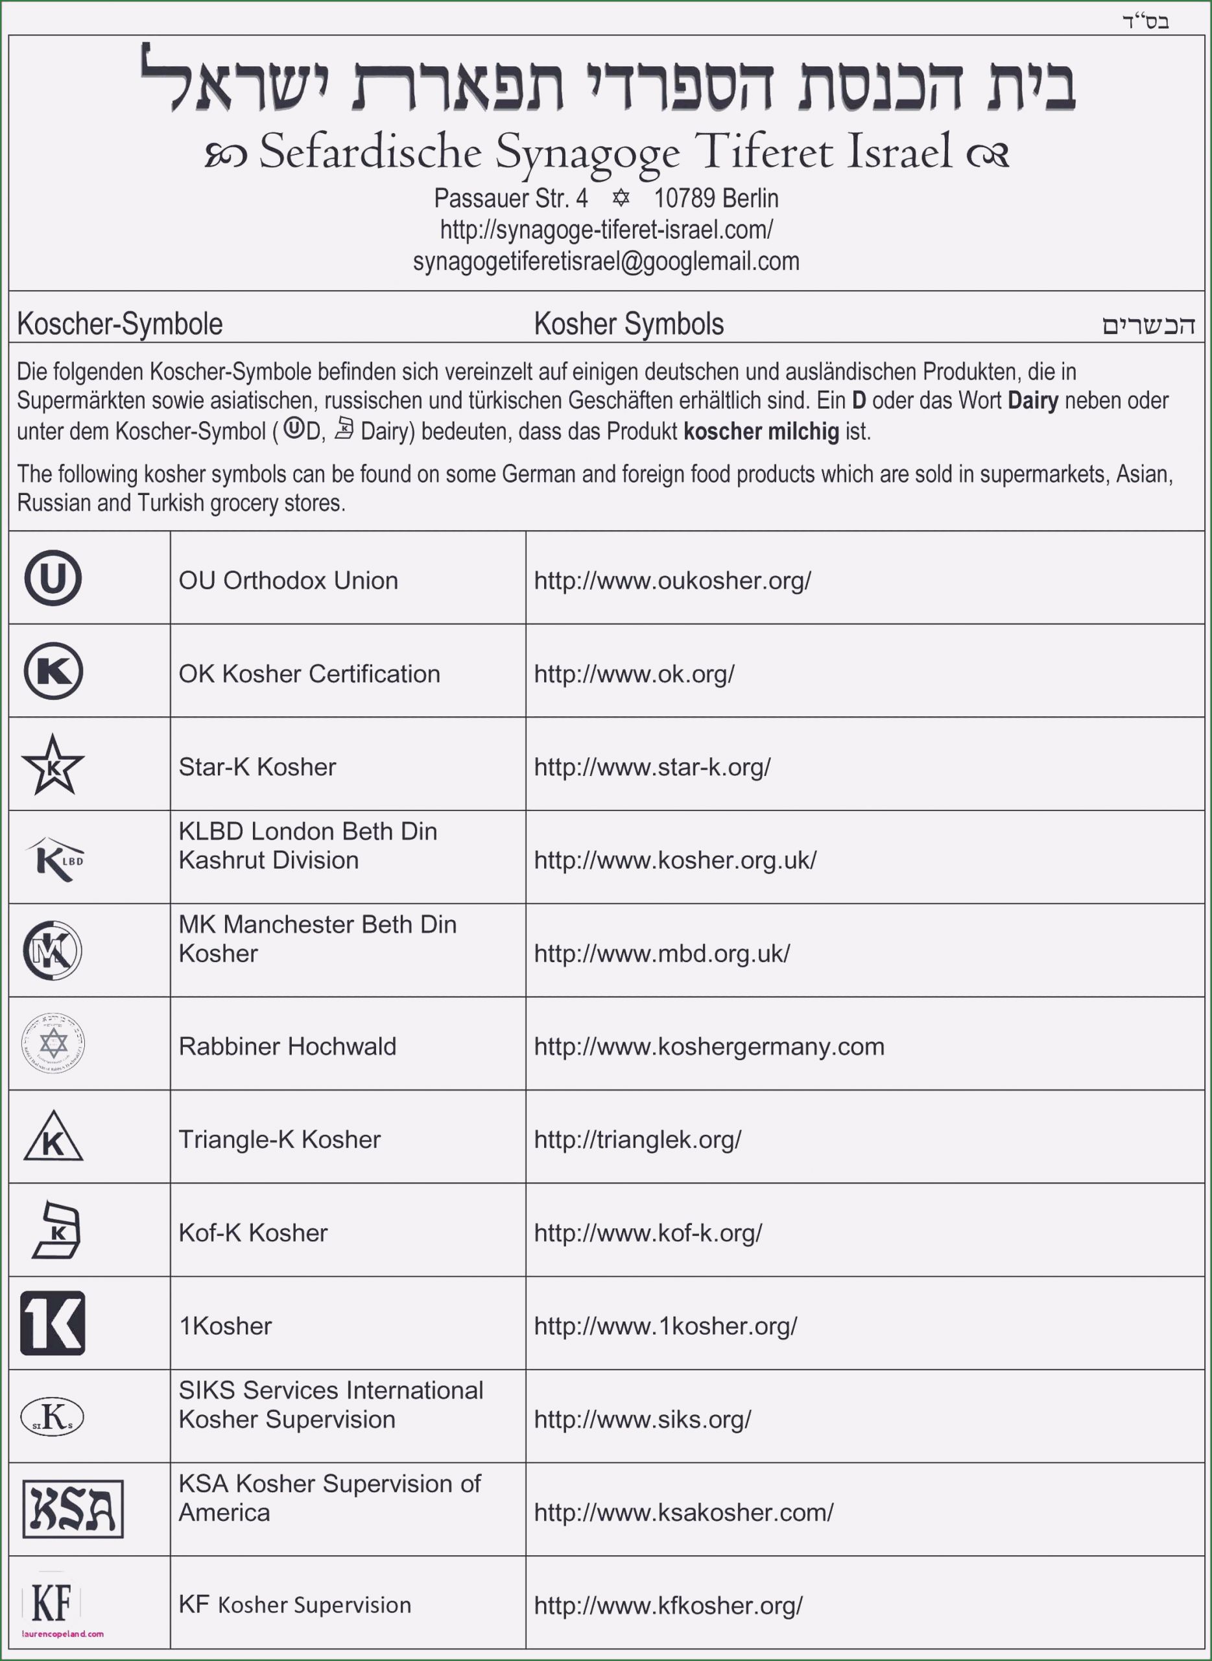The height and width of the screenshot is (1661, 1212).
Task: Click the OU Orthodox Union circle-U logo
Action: pos(53,577)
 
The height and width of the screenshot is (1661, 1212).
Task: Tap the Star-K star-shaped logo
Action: pos(53,765)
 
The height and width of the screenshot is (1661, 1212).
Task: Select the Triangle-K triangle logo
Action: pos(53,1137)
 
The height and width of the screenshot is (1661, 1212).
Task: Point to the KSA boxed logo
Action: pos(73,1509)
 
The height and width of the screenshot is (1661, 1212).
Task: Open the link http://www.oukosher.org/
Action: pos(672,581)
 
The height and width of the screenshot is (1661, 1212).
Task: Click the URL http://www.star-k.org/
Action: pos(652,767)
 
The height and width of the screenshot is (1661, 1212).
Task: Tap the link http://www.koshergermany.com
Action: pos(709,1046)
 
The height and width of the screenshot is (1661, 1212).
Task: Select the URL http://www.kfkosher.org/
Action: pos(668,1605)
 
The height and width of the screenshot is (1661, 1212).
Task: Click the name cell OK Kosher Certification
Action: pos(309,673)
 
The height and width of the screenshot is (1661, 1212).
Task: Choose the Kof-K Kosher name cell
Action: pos(253,1232)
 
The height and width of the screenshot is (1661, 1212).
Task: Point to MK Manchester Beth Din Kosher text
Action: pos(317,939)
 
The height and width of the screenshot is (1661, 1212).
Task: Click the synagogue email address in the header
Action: pos(606,261)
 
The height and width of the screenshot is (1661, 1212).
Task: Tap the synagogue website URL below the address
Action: pos(606,230)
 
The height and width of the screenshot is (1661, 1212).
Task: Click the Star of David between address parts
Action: pos(621,197)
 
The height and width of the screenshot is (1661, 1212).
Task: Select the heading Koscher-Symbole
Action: pos(119,324)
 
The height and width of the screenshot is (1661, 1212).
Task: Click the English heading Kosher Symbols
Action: pos(629,324)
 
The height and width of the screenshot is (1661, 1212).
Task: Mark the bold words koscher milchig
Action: pos(761,431)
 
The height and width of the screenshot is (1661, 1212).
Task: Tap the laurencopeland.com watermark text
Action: pos(63,1634)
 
